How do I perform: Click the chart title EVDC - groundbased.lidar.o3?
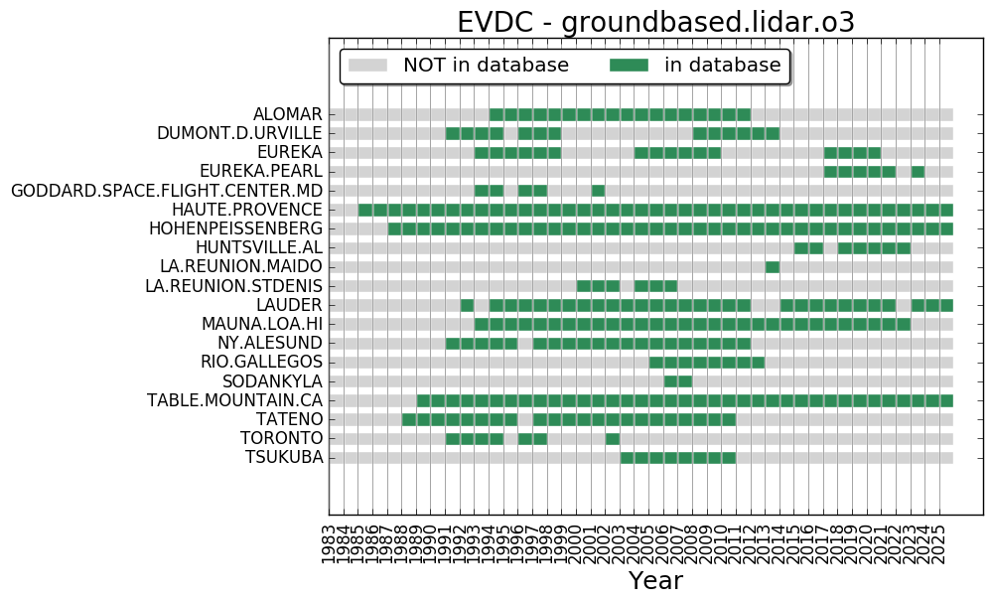(x=655, y=22)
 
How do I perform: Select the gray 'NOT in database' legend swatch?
(x=366, y=66)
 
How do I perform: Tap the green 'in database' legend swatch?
(x=628, y=66)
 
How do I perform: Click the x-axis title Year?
(x=655, y=581)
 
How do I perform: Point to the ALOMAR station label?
(x=287, y=114)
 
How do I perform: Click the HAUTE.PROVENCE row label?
(x=246, y=210)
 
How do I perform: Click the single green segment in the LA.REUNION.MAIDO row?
(x=773, y=266)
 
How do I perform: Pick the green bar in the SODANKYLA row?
(x=678, y=381)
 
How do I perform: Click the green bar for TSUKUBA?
(x=678, y=457)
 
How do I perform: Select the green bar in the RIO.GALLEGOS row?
(x=707, y=362)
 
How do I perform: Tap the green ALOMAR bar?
(x=620, y=114)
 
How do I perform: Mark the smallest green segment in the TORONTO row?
(x=613, y=438)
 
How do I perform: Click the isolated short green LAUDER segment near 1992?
(x=467, y=305)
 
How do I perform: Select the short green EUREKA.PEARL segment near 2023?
(x=918, y=172)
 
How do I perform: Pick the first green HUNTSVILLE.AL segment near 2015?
(x=808, y=247)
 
